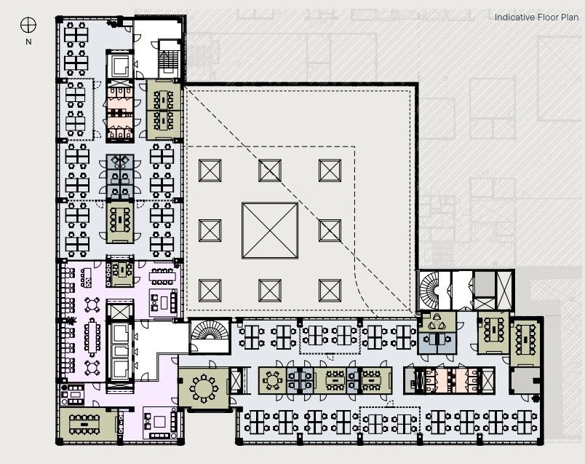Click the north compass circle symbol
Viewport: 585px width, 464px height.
(x=28, y=25)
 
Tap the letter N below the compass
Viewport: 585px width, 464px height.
(x=28, y=42)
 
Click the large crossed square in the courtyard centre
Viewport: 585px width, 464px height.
(x=270, y=230)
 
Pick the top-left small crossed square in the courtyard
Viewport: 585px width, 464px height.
(x=210, y=170)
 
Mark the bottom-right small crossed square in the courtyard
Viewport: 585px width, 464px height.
(x=330, y=291)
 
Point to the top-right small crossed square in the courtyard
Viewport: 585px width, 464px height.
(x=330, y=170)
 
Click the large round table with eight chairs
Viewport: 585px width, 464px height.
(x=204, y=388)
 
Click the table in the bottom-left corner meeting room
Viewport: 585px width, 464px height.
(x=84, y=424)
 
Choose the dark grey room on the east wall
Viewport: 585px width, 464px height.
(x=525, y=380)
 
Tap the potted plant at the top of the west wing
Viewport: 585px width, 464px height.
(x=111, y=23)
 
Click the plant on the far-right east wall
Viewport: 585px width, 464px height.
(x=536, y=398)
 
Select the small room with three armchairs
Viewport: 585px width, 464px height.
(x=437, y=322)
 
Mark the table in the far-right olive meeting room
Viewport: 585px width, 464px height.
(x=525, y=340)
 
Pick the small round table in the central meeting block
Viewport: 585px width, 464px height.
(x=272, y=381)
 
